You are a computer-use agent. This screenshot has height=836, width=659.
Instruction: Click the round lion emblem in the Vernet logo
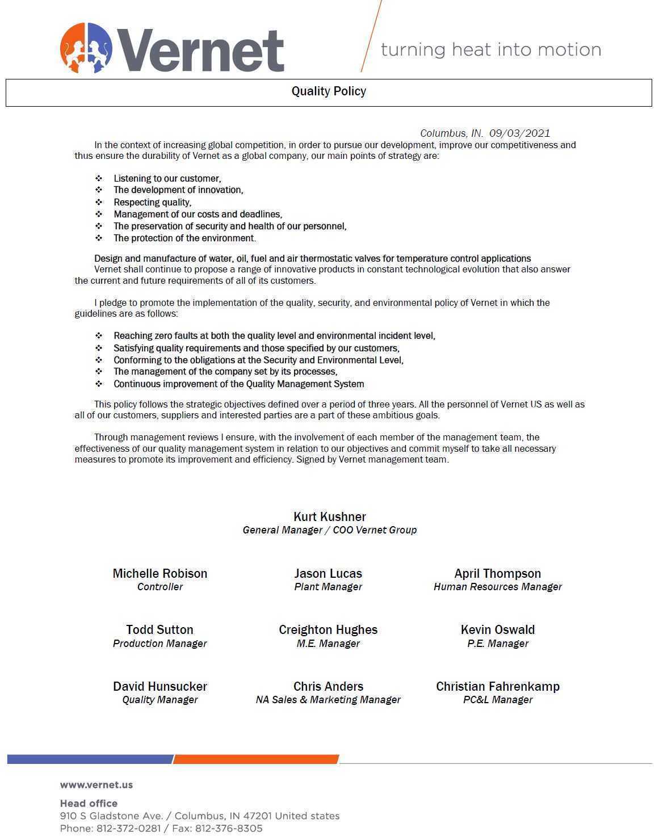86,48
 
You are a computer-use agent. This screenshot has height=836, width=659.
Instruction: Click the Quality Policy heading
329,91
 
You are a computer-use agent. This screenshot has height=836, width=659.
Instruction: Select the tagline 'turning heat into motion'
490,50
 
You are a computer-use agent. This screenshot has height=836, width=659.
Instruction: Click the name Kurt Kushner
329,516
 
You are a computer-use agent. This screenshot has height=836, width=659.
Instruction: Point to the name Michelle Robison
159,573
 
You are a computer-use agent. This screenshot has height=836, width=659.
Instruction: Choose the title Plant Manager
328,587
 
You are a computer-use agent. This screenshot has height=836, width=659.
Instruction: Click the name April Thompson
497,573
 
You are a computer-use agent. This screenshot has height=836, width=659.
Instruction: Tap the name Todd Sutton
159,629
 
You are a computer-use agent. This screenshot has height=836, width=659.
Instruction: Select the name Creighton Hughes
328,629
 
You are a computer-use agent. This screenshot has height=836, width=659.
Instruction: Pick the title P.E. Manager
497,644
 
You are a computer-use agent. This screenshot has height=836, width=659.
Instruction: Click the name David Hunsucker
159,686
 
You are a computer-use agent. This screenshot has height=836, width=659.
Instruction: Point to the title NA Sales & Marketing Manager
328,700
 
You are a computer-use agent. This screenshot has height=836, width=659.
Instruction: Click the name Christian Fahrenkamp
497,686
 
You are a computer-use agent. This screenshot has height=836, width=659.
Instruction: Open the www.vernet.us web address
96,785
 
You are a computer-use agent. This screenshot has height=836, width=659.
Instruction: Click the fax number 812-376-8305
229,829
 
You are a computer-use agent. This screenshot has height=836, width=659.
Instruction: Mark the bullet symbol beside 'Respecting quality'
99,202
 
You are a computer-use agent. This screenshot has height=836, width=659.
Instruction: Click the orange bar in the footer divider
256,759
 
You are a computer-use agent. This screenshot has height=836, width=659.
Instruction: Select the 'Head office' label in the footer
89,803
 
